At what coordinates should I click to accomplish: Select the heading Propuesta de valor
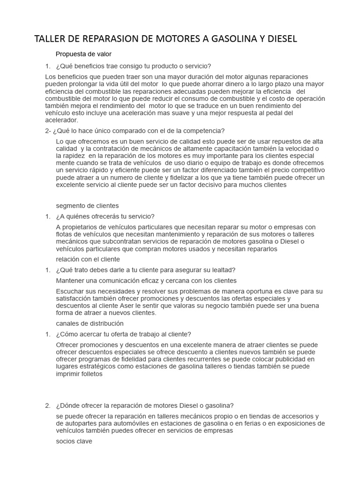point(83,54)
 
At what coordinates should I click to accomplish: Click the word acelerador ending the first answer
point(61,120)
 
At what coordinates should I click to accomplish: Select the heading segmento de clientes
point(87,205)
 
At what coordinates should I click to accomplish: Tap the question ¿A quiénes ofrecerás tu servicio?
point(105,216)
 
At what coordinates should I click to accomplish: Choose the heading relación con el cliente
point(88,259)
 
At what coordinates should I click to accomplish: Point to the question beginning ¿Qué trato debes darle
point(145,270)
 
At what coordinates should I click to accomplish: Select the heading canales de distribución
point(90,323)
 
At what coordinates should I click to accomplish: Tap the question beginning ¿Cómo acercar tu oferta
point(123,334)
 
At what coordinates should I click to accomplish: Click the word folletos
point(90,374)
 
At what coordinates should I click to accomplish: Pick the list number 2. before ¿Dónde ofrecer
point(48,405)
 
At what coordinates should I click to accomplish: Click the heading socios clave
point(74,441)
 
